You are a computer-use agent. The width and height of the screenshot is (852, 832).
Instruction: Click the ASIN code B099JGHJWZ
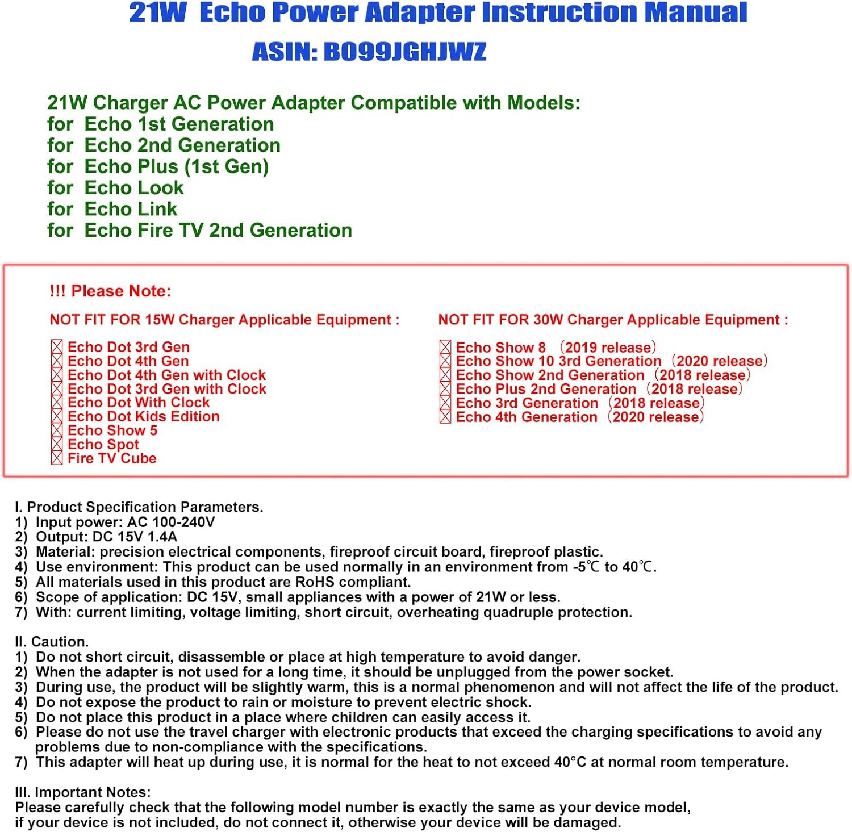pos(404,52)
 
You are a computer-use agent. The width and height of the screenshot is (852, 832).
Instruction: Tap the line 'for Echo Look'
pos(115,187)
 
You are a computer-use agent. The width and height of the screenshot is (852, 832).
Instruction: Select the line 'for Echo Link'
pos(112,209)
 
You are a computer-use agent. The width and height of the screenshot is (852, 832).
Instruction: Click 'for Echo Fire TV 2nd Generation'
pos(199,230)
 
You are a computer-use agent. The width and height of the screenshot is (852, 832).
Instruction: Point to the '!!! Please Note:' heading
pos(110,291)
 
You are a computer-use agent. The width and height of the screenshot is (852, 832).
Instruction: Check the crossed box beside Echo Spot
pos(57,445)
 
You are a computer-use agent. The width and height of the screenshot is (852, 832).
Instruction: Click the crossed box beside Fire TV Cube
pos(57,458)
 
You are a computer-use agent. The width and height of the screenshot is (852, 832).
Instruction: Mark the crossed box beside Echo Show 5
pos(57,430)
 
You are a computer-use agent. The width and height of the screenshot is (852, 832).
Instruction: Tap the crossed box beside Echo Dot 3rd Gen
pos(57,347)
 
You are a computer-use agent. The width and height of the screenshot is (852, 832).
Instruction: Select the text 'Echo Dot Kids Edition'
pos(143,416)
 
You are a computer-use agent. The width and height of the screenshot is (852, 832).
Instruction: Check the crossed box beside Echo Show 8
pos(445,347)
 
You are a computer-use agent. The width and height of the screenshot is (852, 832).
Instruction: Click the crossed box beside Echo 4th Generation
pos(445,417)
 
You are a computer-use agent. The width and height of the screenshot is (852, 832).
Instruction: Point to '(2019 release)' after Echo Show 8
pos(608,347)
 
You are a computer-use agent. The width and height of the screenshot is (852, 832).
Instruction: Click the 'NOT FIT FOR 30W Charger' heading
pos(613,320)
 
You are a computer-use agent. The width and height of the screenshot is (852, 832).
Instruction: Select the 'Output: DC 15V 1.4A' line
pos(106,537)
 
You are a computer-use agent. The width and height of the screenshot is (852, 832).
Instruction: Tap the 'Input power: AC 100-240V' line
pos(125,522)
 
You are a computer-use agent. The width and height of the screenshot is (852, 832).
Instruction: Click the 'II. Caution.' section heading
pos(52,642)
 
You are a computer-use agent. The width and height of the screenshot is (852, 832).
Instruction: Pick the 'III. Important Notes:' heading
pos(83,792)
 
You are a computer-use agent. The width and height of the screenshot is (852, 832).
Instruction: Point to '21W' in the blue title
pos(157,12)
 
